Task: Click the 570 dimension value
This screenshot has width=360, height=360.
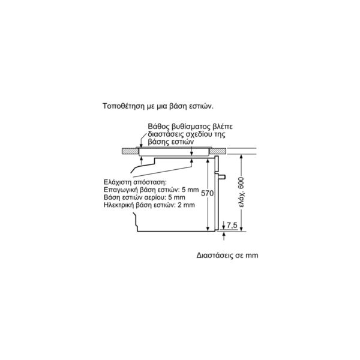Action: pos(208,193)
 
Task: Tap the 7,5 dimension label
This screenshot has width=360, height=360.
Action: pos(232,225)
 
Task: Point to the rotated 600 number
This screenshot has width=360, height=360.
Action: pos(241,183)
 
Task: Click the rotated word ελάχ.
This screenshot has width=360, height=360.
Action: pos(242,200)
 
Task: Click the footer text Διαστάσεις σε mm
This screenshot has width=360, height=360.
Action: pos(227,256)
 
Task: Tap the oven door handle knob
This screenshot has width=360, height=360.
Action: pos(222,177)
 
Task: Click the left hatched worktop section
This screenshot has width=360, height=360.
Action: pos(130,151)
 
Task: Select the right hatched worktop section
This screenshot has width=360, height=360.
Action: pos(218,151)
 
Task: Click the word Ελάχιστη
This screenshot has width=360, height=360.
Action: pos(118,182)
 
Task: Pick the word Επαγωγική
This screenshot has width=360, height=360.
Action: pos(118,190)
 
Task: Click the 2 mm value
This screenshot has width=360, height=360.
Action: pos(186,205)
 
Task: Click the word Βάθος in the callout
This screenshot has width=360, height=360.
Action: pos(157,127)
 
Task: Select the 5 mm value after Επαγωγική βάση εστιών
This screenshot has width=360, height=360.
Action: pos(190,190)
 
